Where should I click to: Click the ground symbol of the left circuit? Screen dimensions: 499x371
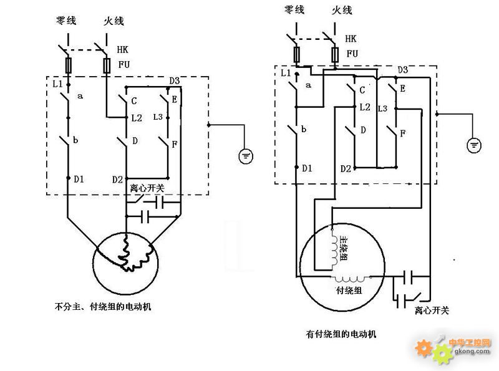[x=246, y=157]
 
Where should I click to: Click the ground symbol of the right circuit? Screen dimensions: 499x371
[x=474, y=145]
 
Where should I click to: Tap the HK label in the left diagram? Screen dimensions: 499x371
[x=122, y=50]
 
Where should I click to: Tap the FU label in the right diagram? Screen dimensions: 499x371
[x=352, y=54]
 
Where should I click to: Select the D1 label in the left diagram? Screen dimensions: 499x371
[x=79, y=180]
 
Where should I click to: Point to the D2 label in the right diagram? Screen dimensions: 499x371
[x=346, y=168]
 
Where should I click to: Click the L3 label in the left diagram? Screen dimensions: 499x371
[x=158, y=117]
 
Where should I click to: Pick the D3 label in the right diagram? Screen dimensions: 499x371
[x=402, y=70]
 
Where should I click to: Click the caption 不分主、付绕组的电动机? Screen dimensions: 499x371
[x=103, y=307]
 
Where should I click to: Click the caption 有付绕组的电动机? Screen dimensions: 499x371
[x=341, y=334]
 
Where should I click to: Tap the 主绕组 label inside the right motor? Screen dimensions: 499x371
[x=343, y=249]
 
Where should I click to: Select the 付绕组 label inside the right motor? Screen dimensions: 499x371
[x=349, y=290]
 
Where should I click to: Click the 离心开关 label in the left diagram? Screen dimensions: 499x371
[x=147, y=188]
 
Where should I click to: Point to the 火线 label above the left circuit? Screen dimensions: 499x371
[x=114, y=21]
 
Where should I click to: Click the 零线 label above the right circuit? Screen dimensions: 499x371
[x=294, y=9]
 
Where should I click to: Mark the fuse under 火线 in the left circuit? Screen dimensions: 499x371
[x=107, y=66]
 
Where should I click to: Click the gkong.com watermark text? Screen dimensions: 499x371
[x=472, y=351]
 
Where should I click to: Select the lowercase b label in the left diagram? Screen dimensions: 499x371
[x=75, y=140]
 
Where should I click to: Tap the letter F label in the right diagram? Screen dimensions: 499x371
[x=402, y=133]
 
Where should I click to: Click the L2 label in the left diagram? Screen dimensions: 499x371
[x=137, y=118]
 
